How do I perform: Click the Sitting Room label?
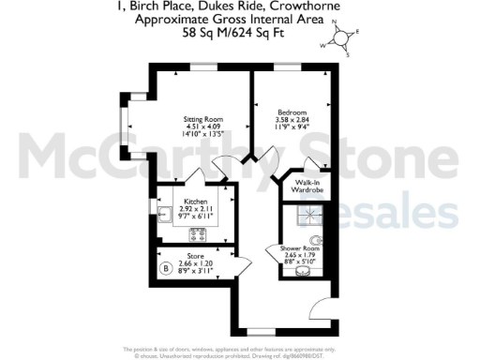coord(202,119)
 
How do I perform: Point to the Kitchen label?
coord(195,201)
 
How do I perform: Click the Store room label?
coord(196,254)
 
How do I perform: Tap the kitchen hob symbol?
coord(199,233)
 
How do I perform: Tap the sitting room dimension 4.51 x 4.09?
coord(201,127)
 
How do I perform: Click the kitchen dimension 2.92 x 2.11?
coord(195,209)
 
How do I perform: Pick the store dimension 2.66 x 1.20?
coord(196,262)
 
